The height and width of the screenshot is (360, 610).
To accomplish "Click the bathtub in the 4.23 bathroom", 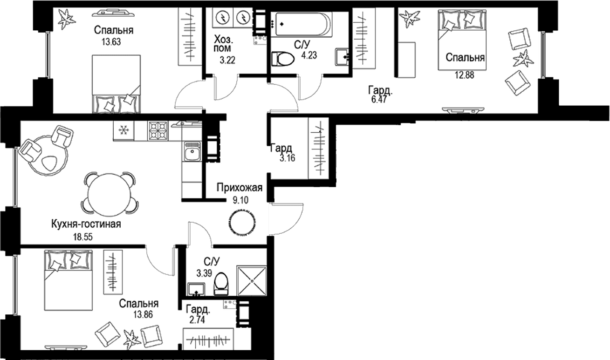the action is (304, 24).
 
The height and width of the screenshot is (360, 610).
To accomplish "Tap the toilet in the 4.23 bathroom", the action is (283, 59).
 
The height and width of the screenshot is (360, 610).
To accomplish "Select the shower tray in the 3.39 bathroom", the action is (252, 280).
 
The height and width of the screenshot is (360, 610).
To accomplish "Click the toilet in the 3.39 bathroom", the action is (221, 284).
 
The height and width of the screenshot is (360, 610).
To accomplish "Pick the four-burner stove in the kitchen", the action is (158, 130).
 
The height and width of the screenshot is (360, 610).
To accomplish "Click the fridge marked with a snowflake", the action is (124, 130).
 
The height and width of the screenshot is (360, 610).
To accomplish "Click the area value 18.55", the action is (83, 237).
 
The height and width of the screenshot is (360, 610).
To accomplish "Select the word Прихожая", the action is (240, 188).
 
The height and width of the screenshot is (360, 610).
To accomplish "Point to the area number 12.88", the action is (464, 75).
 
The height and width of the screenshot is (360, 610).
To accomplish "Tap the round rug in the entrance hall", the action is (242, 222).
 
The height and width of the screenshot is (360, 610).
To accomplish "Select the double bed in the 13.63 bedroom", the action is (117, 84).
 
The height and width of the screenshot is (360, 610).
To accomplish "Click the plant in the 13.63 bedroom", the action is (67, 19).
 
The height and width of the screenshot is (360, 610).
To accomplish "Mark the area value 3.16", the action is (288, 158).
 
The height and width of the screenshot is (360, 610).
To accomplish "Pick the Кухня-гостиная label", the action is (86, 224).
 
